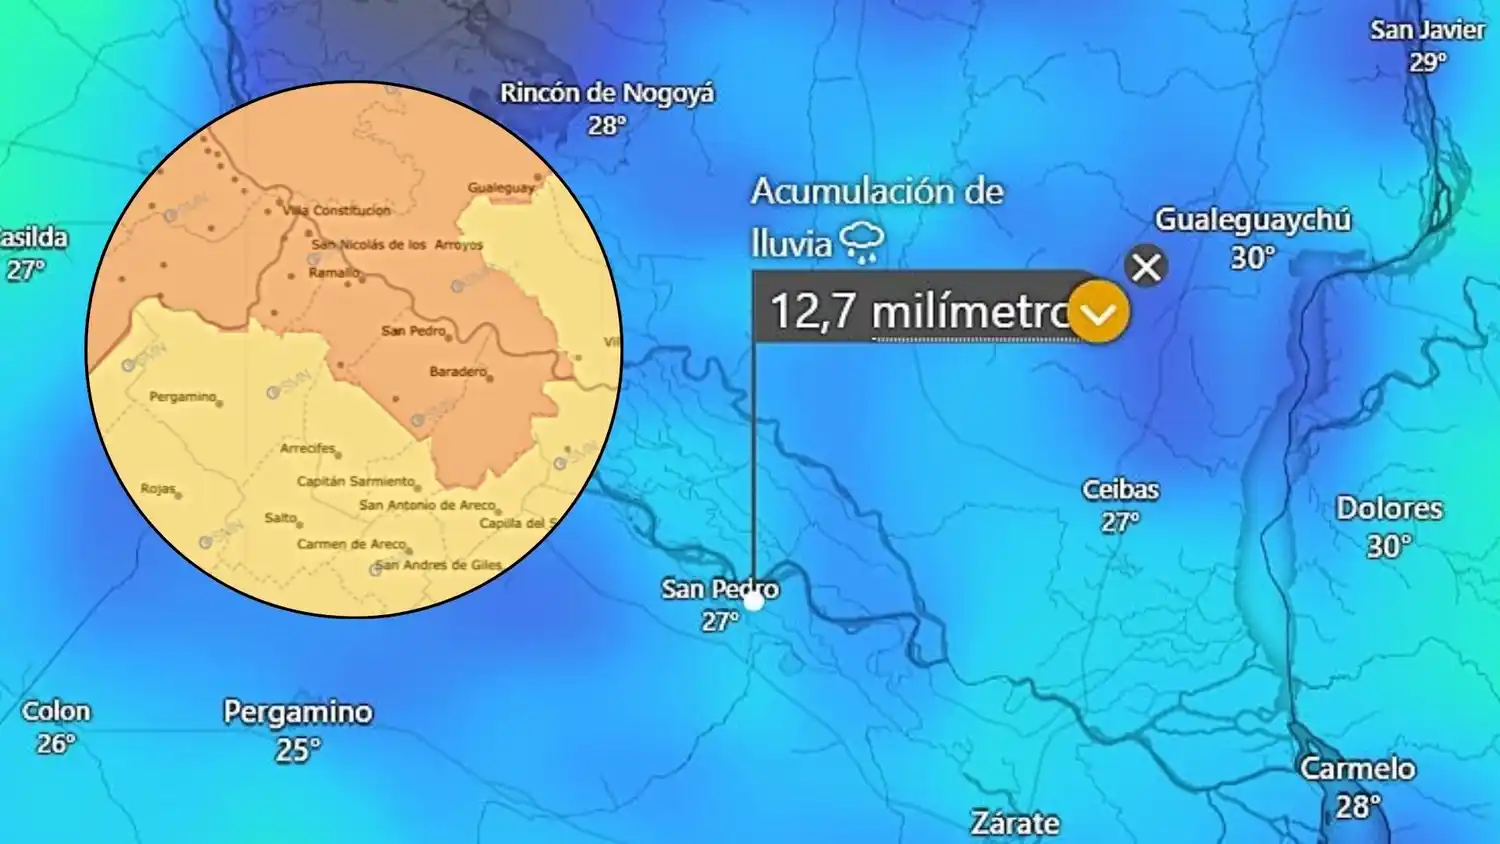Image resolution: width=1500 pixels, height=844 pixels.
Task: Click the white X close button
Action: [1146, 267]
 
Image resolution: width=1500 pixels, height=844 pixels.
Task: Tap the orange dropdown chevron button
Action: [1098, 313]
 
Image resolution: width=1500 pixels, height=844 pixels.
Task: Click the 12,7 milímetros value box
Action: [915, 311]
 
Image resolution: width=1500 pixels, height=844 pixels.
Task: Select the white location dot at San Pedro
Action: [754, 601]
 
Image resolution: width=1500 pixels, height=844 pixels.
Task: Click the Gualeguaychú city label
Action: [1252, 220]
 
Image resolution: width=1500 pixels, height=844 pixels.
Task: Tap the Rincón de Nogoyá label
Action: [607, 94]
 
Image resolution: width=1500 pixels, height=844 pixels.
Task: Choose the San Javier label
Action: [1427, 31]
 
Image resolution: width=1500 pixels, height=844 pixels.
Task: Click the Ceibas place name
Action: [1120, 490]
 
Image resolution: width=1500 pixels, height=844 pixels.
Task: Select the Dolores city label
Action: [1389, 509]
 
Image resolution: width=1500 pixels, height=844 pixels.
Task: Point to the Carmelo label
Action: [1357, 768]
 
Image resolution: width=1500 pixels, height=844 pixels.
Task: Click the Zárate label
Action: [1015, 822]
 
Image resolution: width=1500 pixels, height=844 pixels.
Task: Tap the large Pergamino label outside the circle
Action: [298, 712]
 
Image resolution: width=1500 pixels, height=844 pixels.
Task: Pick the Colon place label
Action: [56, 712]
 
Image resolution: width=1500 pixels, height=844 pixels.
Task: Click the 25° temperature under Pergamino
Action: [298, 749]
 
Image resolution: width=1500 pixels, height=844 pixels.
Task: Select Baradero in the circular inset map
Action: [458, 372]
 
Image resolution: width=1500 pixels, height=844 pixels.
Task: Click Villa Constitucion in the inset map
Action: [337, 210]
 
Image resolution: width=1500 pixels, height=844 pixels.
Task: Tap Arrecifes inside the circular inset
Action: [308, 448]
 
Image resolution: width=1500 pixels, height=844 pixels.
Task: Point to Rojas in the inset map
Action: [158, 489]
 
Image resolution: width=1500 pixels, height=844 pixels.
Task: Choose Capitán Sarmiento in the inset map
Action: [355, 481]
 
